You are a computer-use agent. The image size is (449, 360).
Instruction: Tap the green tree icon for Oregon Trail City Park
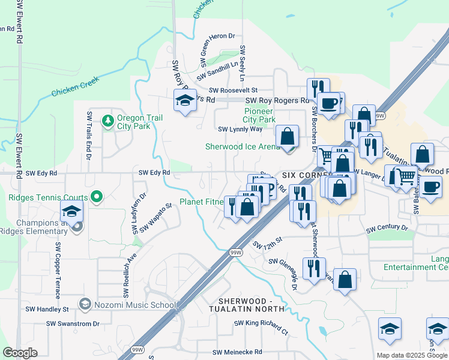click(108, 121)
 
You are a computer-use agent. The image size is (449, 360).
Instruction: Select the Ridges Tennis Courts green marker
click(95, 197)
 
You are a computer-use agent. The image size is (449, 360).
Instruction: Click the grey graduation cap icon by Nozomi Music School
click(85, 304)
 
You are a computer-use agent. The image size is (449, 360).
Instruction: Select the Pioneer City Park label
click(259, 115)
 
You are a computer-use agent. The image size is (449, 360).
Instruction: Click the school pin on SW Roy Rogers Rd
click(185, 101)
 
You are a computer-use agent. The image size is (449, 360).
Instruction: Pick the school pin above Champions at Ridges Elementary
click(71, 212)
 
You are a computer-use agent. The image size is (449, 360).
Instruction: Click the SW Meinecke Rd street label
click(237, 352)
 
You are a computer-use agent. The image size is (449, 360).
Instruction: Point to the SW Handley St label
click(47, 310)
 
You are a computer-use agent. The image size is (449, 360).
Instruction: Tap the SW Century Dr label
click(387, 228)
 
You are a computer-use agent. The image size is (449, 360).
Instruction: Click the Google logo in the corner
click(20, 353)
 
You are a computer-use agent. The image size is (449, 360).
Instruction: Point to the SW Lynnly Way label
click(240, 129)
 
